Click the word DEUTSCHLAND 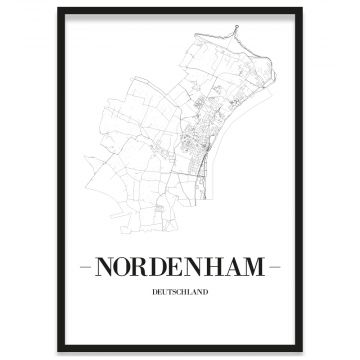tap(180, 294)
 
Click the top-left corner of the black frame tap(59, 9)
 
